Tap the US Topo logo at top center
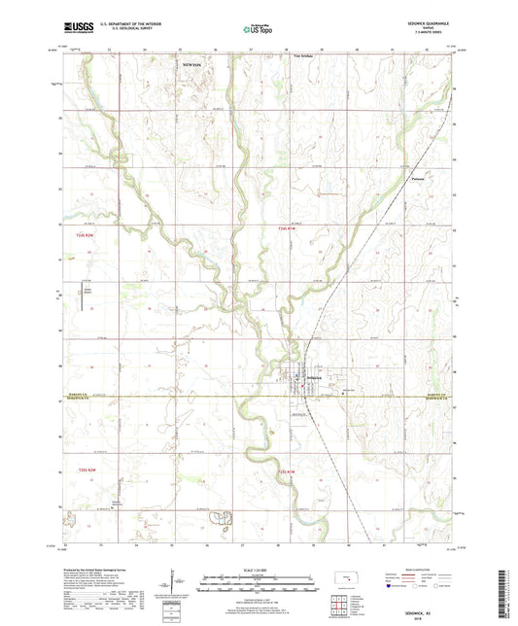coord(257,30)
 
